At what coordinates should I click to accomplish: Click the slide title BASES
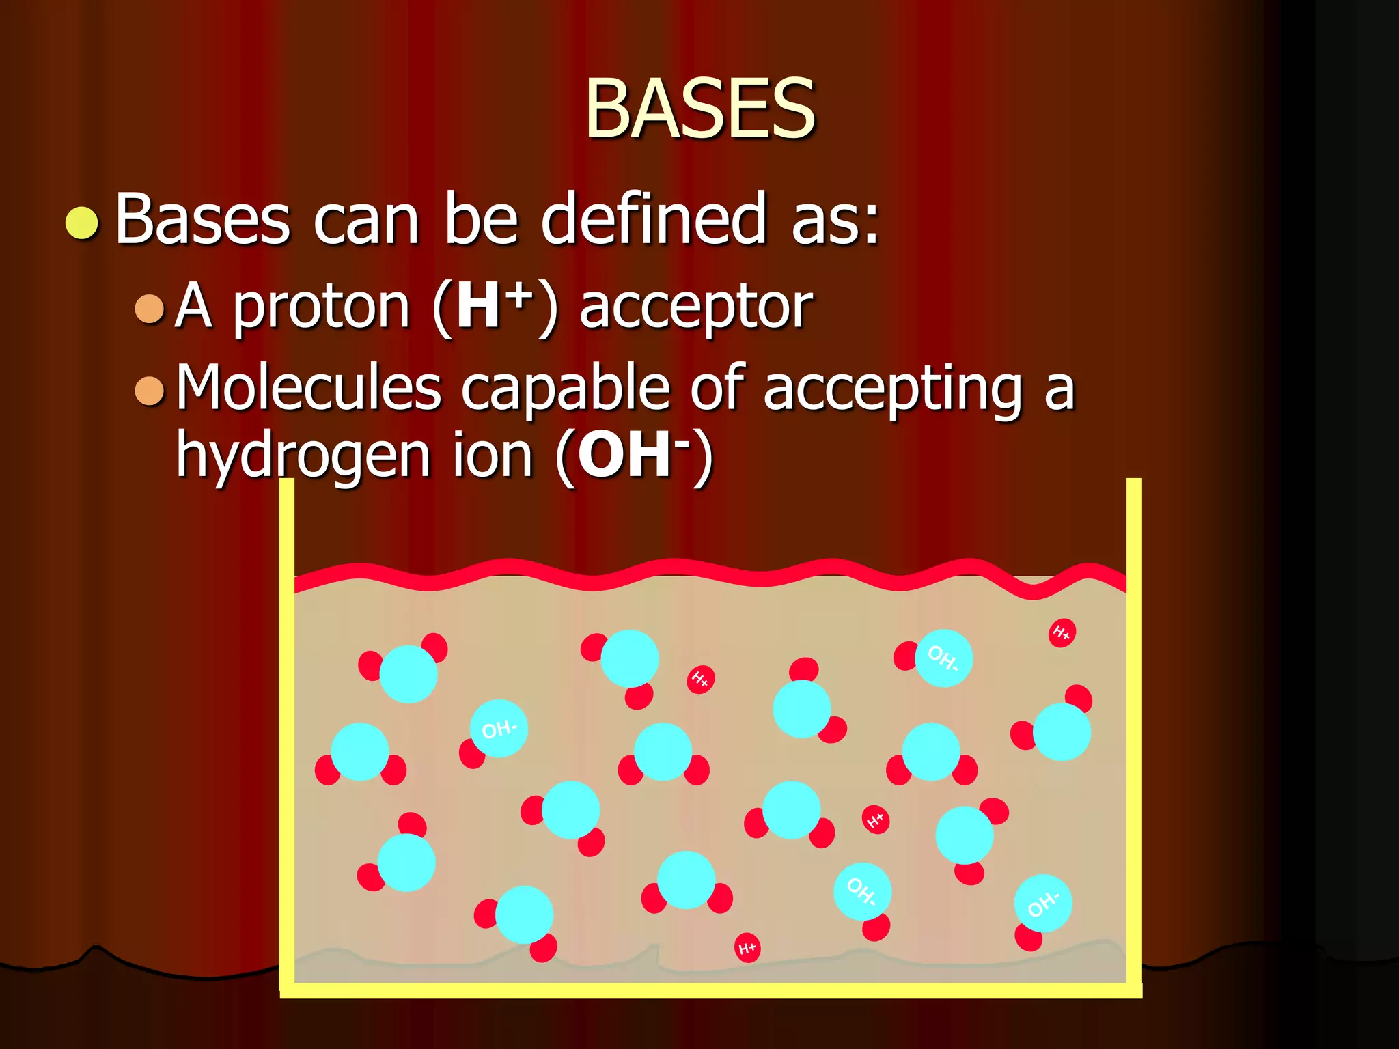(700, 108)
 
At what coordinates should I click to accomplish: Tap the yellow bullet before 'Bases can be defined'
(82, 223)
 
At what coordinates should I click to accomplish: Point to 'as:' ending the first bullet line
(835, 220)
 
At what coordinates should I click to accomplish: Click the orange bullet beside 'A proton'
(150, 309)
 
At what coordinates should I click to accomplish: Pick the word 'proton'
(321, 309)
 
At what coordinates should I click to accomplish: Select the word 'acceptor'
(696, 309)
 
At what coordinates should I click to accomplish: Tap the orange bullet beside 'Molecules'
(150, 391)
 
